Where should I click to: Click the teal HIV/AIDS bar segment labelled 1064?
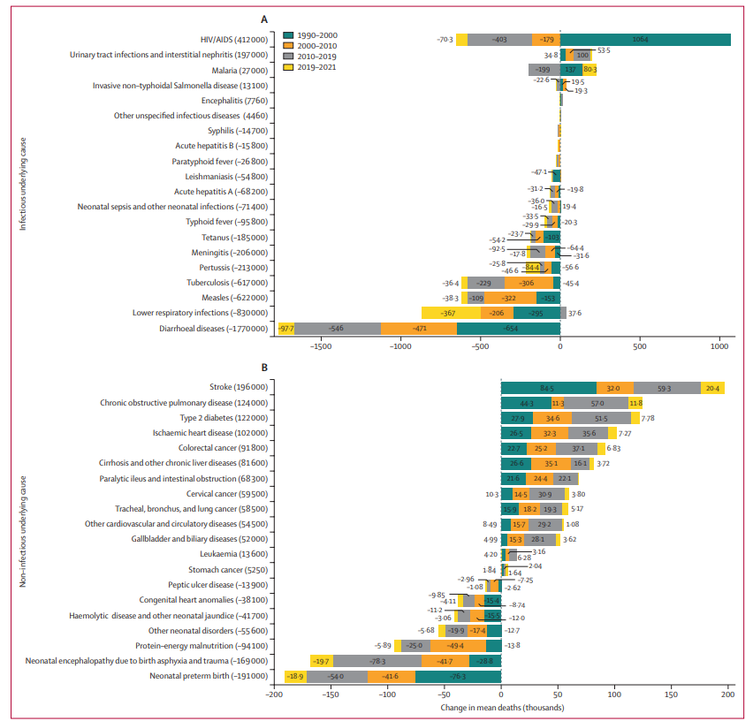[x=644, y=40]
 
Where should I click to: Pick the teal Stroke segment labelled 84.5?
[x=548, y=387]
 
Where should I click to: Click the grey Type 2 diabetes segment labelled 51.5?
[x=602, y=418]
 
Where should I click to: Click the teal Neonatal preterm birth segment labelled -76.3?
[x=458, y=677]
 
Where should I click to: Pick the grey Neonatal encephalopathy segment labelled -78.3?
[x=377, y=661]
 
